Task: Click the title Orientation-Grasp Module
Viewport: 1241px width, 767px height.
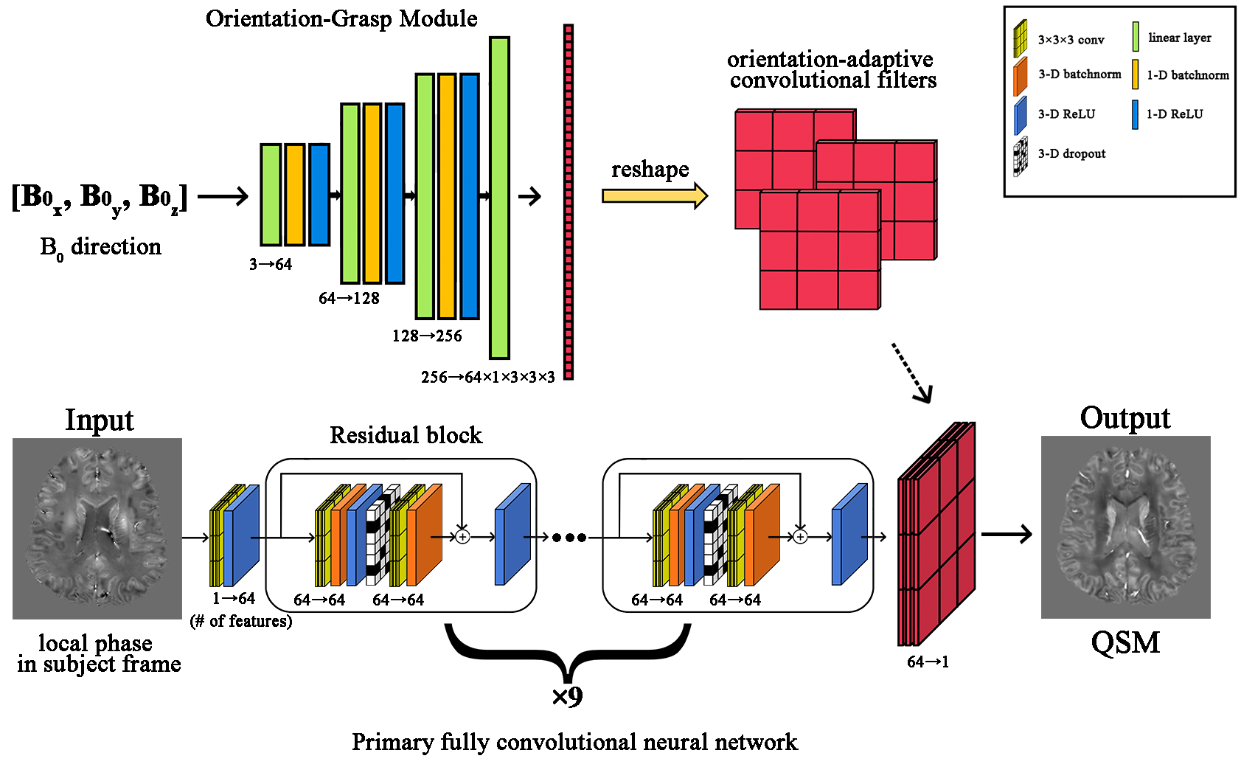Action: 341,18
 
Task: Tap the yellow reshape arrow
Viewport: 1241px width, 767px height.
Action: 654,196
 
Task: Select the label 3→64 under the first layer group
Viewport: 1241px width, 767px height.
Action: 271,264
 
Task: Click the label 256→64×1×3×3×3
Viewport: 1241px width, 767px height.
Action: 487,377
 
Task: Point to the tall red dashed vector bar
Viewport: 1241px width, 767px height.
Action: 569,202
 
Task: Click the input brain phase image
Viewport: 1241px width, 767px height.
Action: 97,528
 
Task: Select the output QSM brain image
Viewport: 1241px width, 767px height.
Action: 1125,527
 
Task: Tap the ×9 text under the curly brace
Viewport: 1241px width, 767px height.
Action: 567,696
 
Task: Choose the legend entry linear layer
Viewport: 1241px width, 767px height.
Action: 1178,38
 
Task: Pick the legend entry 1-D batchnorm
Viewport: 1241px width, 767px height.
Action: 1186,74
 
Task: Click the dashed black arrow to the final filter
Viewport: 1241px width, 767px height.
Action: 912,373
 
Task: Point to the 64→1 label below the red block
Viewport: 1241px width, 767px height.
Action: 928,662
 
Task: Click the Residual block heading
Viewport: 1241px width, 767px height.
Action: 406,435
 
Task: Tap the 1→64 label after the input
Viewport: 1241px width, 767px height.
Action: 234,598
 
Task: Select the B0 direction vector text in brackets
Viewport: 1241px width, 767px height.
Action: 100,198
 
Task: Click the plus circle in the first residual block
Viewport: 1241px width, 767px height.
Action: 462,537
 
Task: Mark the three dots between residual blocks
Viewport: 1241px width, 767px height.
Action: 569,538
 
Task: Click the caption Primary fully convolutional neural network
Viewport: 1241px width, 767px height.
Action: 574,742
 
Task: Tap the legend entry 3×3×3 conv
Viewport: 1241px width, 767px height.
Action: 1070,40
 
